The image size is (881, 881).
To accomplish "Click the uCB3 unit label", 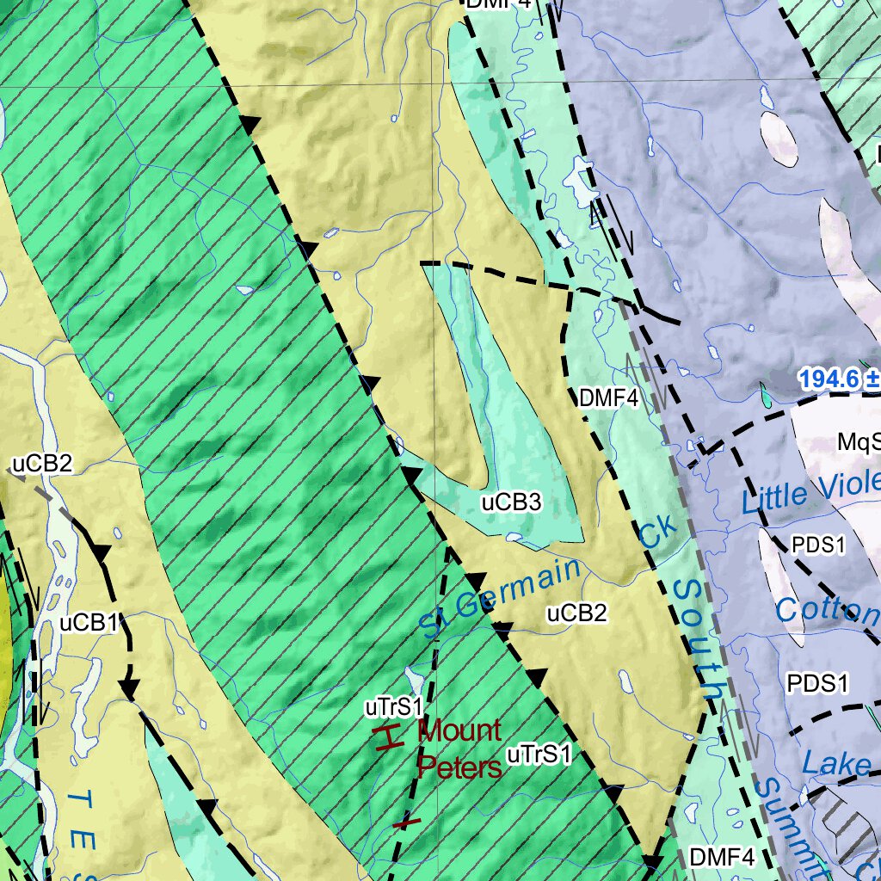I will click(511, 502).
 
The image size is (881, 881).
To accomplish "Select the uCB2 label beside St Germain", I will click(577, 613).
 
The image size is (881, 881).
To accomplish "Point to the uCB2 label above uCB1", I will click(42, 465).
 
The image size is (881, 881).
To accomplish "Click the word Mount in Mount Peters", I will click(459, 731).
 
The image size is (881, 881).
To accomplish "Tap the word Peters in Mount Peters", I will click(459, 767).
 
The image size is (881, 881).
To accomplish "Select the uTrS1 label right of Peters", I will click(539, 755).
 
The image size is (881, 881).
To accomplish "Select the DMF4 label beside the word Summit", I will click(722, 857).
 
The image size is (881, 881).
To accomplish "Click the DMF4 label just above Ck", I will click(608, 398).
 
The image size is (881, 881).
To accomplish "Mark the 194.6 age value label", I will click(833, 379).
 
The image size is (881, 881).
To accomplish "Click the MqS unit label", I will click(859, 442).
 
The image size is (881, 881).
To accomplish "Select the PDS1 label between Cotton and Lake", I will click(817, 684).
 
